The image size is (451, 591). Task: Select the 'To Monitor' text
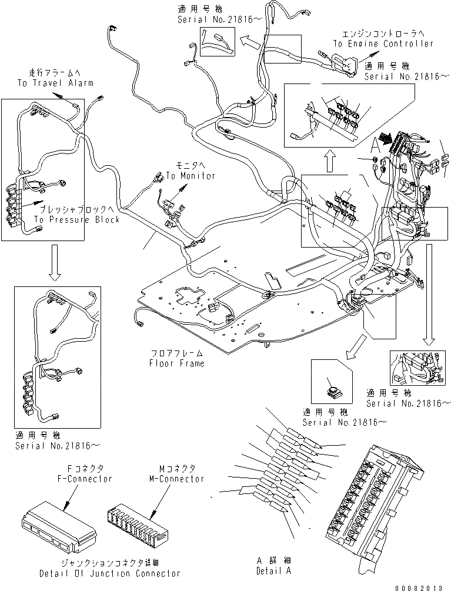pyautogui.click(x=190, y=175)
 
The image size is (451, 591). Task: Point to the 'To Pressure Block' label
pyautogui.click(x=76, y=219)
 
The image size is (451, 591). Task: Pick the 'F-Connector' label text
pyautogui.click(x=85, y=479)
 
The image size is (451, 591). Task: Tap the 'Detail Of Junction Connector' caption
pyautogui.click(x=110, y=573)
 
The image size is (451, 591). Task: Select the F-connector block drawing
pyautogui.click(x=59, y=519)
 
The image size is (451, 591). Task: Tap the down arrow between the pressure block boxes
pyautogui.click(x=54, y=261)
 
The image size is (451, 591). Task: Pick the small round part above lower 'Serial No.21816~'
pyautogui.click(x=333, y=390)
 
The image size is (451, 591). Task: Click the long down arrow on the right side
pyautogui.click(x=429, y=294)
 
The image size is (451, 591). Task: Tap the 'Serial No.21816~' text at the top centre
pyautogui.click(x=215, y=19)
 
